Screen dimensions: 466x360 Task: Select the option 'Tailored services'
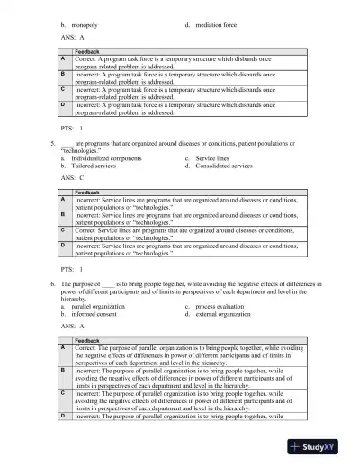(95, 166)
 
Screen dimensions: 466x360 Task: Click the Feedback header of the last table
(87, 340)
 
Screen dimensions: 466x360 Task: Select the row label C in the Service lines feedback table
(63, 231)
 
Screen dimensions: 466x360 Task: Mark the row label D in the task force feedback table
(63, 105)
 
